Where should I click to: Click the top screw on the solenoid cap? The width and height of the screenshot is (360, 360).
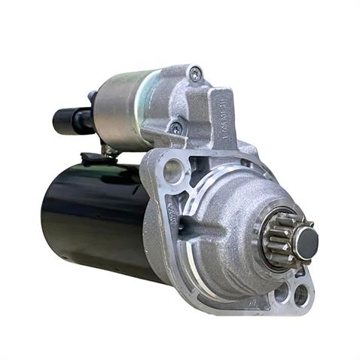(x=195, y=74)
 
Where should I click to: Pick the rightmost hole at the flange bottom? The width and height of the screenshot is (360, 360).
(x=301, y=295)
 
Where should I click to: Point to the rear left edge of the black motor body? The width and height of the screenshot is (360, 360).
(x=45, y=211)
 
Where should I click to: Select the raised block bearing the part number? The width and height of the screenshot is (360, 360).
(x=223, y=113)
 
